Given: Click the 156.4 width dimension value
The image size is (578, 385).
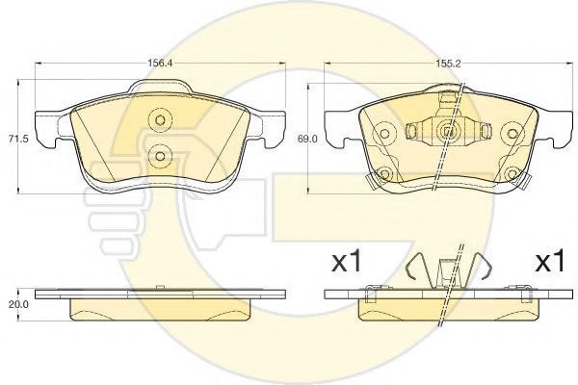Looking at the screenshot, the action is tap(160, 63).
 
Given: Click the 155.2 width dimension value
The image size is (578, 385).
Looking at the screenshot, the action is tap(448, 64).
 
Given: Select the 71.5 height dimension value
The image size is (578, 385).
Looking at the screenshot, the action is tap(15, 139).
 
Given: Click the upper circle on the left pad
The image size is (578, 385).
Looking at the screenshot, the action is tap(160, 119).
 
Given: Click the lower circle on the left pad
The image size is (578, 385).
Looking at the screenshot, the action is tap(160, 156).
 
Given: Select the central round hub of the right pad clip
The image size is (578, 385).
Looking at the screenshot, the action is tap(447, 132).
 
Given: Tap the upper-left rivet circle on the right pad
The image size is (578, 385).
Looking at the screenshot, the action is tap(384, 134).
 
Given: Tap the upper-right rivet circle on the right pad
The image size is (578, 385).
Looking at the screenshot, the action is tap(512, 134).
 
